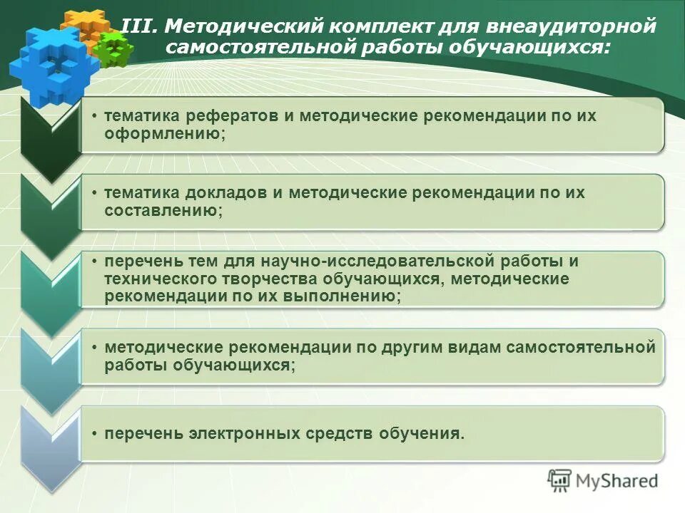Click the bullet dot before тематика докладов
pyautogui.click(x=96, y=193)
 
